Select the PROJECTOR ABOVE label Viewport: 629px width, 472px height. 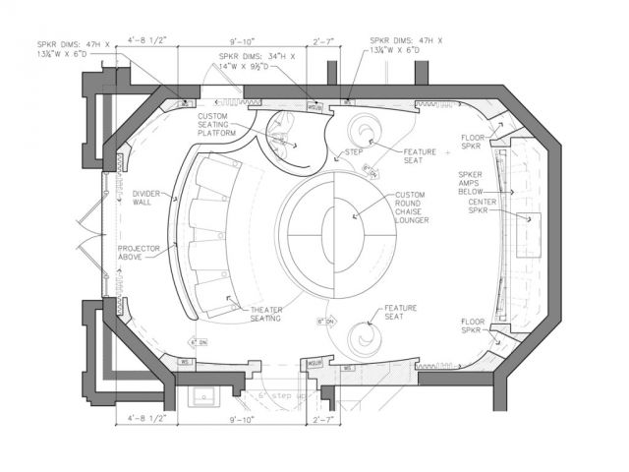coord(139,252)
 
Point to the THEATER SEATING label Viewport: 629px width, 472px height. coord(259,313)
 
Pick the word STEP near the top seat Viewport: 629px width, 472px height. coord(353,152)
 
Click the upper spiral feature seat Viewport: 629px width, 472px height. coord(369,132)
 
